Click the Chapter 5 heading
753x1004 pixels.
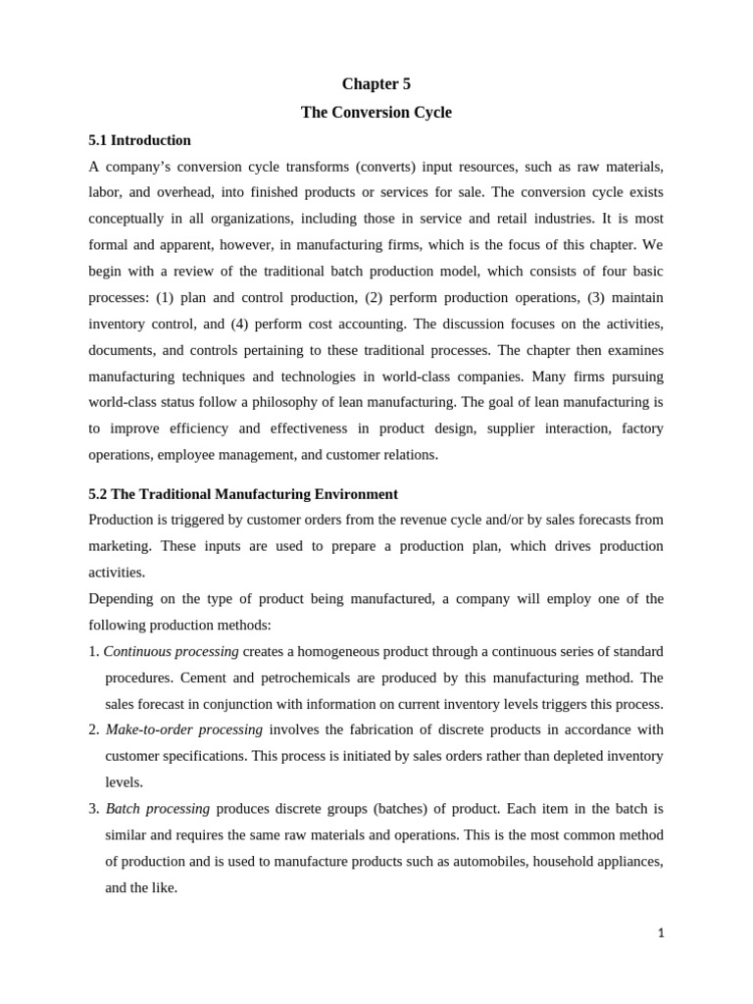click(x=376, y=84)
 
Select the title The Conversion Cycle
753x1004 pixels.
click(x=376, y=113)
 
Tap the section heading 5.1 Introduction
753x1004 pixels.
click(x=139, y=140)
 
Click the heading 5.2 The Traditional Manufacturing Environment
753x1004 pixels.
click(x=243, y=494)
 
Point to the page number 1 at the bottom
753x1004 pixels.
click(x=661, y=933)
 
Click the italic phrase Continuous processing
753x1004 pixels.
click(x=171, y=651)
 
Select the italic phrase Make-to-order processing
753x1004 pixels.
click(x=183, y=729)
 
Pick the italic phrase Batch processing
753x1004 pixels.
click(x=157, y=809)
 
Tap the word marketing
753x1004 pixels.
click(x=120, y=546)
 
